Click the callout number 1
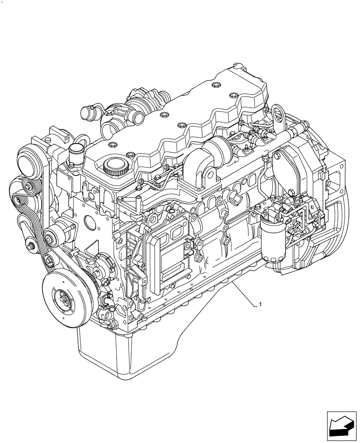[260, 305]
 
